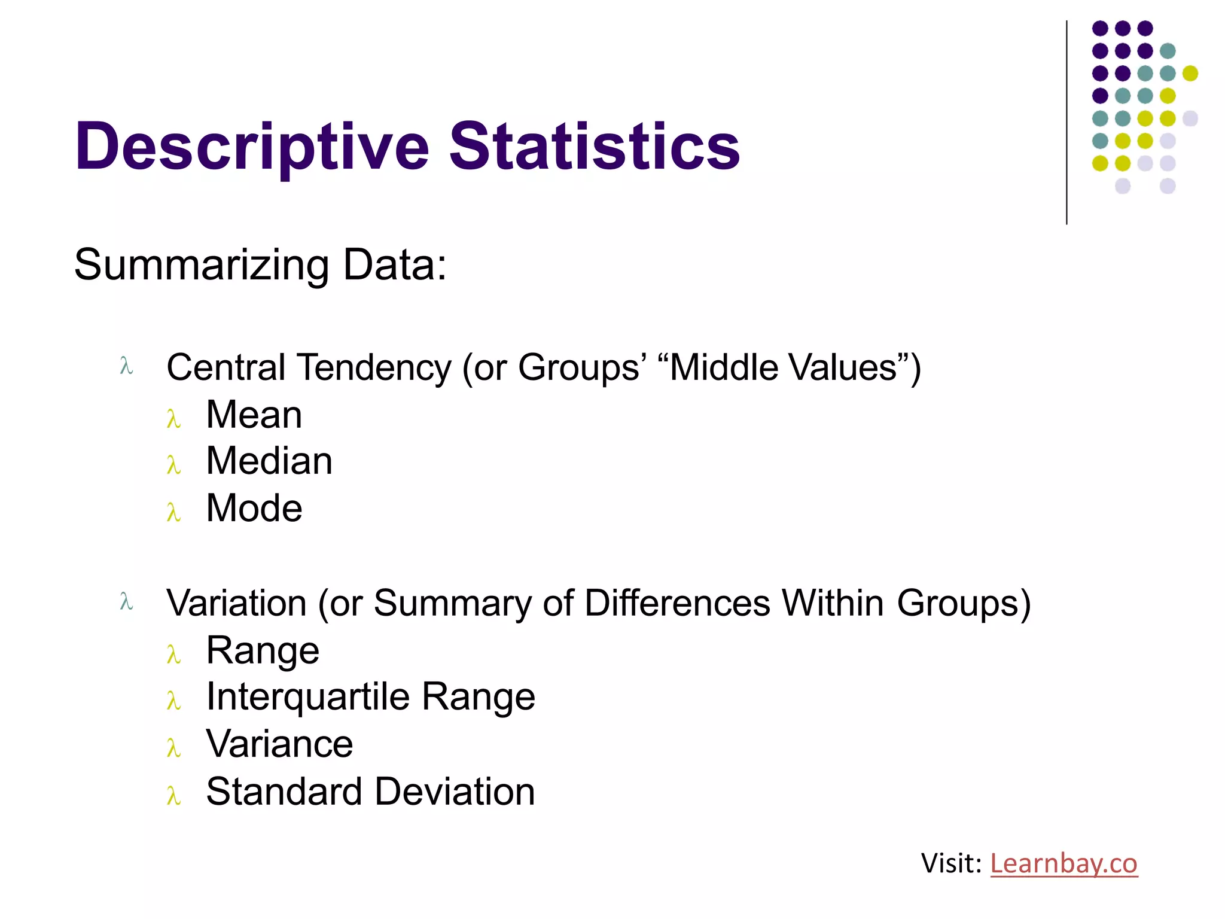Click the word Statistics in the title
pyautogui.click(x=595, y=146)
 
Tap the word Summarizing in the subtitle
pyautogui.click(x=202, y=264)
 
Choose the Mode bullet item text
pyautogui.click(x=254, y=508)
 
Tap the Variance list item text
pyautogui.click(x=279, y=744)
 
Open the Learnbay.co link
pyautogui.click(x=1064, y=863)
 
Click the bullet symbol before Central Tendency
pyautogui.click(x=126, y=366)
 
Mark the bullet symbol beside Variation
pyautogui.click(x=126, y=601)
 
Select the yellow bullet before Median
pyautogui.click(x=173, y=465)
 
